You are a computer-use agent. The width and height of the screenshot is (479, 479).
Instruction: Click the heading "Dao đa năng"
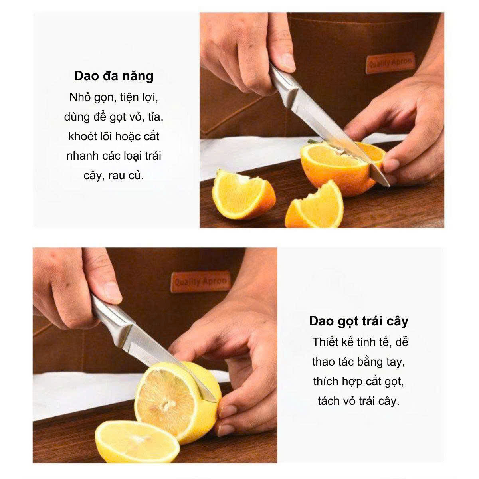click(114, 76)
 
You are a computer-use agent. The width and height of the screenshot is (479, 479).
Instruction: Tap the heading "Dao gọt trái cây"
click(358, 321)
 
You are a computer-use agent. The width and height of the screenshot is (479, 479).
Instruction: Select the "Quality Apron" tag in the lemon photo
click(201, 282)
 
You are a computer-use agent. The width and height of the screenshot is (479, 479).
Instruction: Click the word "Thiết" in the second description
click(325, 342)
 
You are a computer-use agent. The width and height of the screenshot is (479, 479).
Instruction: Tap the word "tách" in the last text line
click(329, 401)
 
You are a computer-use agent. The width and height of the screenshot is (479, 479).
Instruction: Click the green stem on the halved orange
click(313, 142)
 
